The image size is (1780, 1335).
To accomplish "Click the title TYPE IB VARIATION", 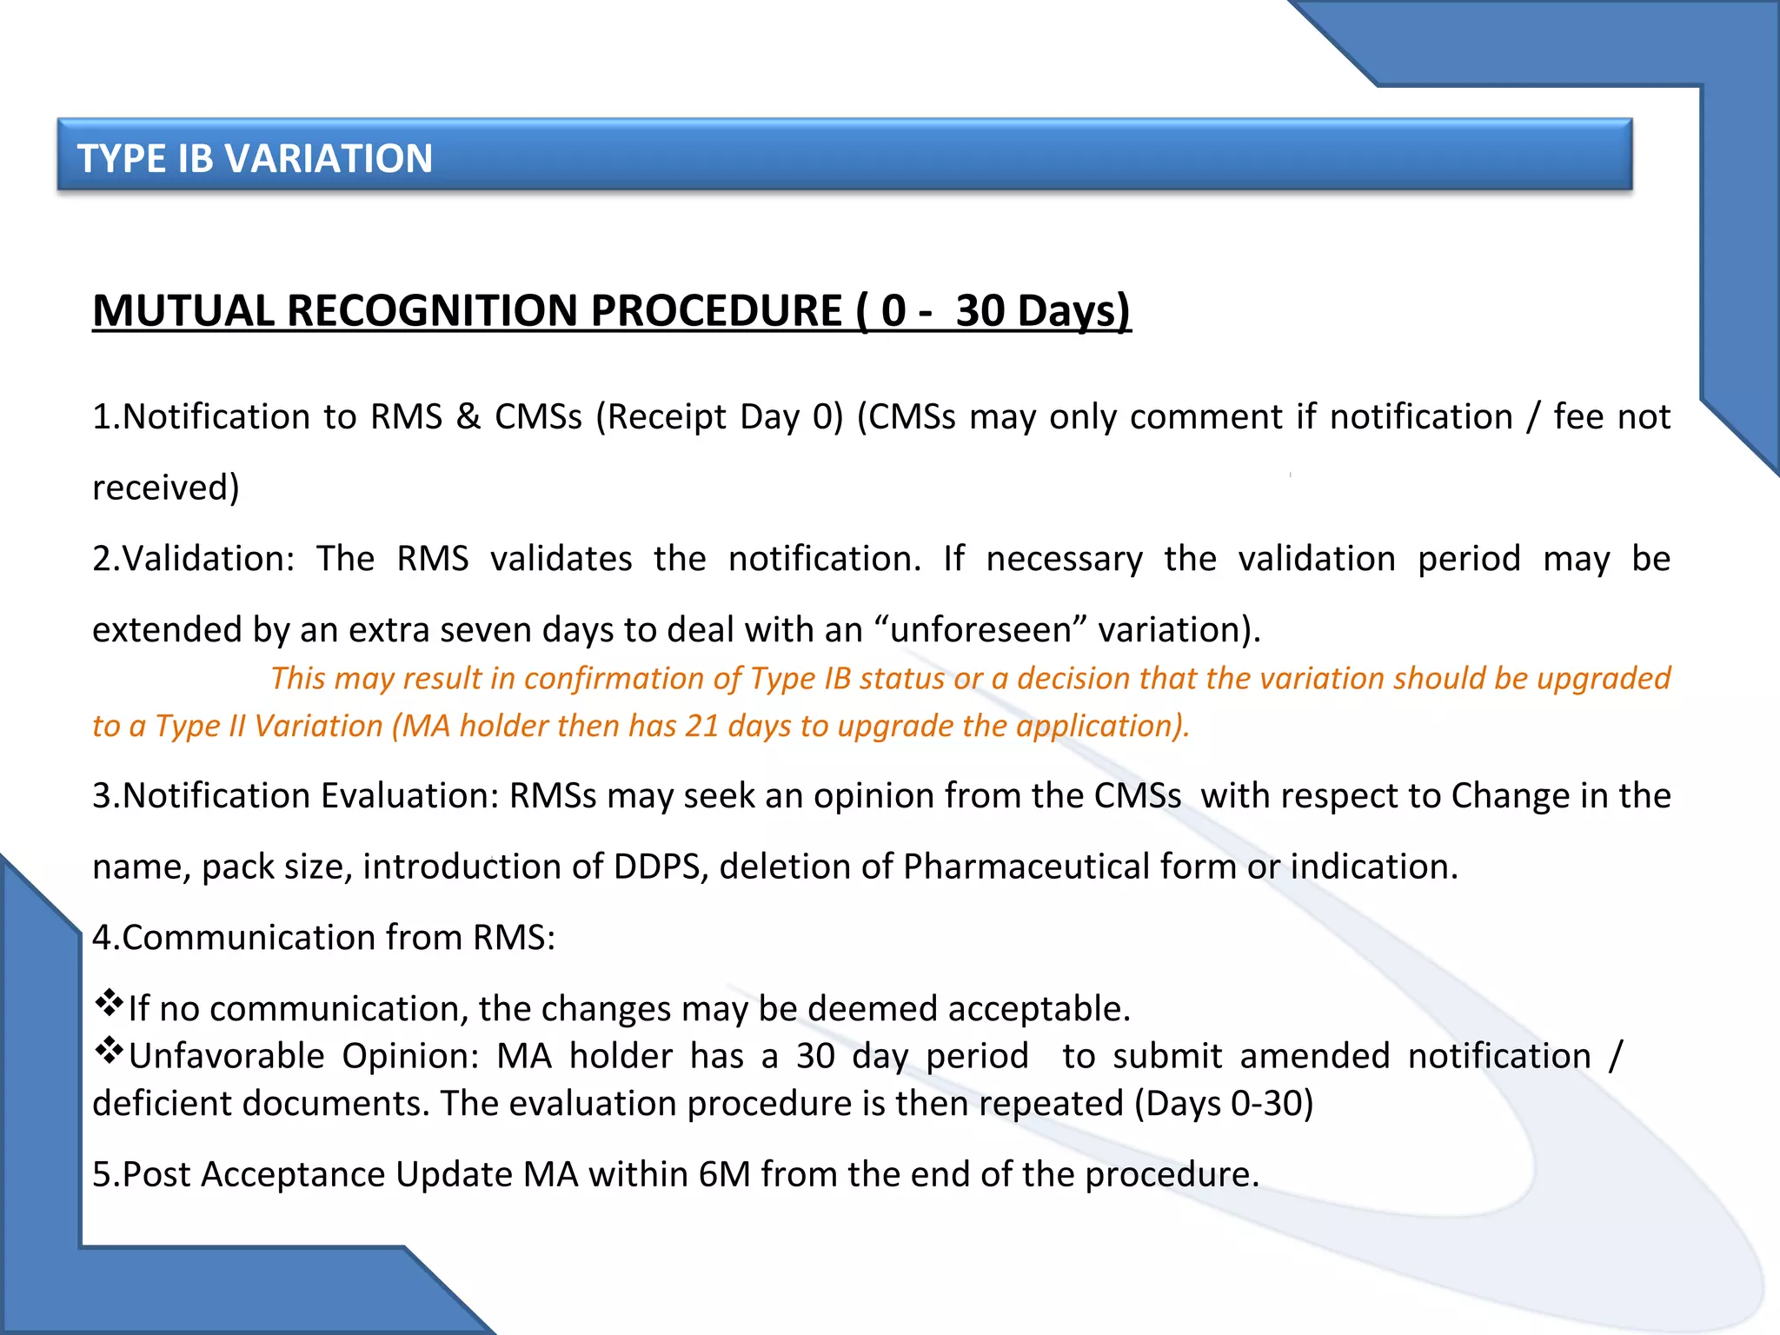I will click(255, 158).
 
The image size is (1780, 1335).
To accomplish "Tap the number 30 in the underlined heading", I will click(980, 310).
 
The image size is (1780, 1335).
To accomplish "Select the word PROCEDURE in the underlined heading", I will click(716, 310).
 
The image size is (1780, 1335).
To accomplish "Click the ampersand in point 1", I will click(468, 417).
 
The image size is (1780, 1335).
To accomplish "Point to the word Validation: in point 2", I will click(209, 559).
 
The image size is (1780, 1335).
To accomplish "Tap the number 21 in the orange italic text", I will click(702, 726).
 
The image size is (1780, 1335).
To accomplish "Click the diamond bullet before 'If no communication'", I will click(110, 1003).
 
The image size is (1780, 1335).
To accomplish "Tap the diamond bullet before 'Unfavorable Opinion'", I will click(110, 1051).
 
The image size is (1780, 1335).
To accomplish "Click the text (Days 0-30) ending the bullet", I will click(1224, 1104).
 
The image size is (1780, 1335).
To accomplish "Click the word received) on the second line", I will click(166, 488).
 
